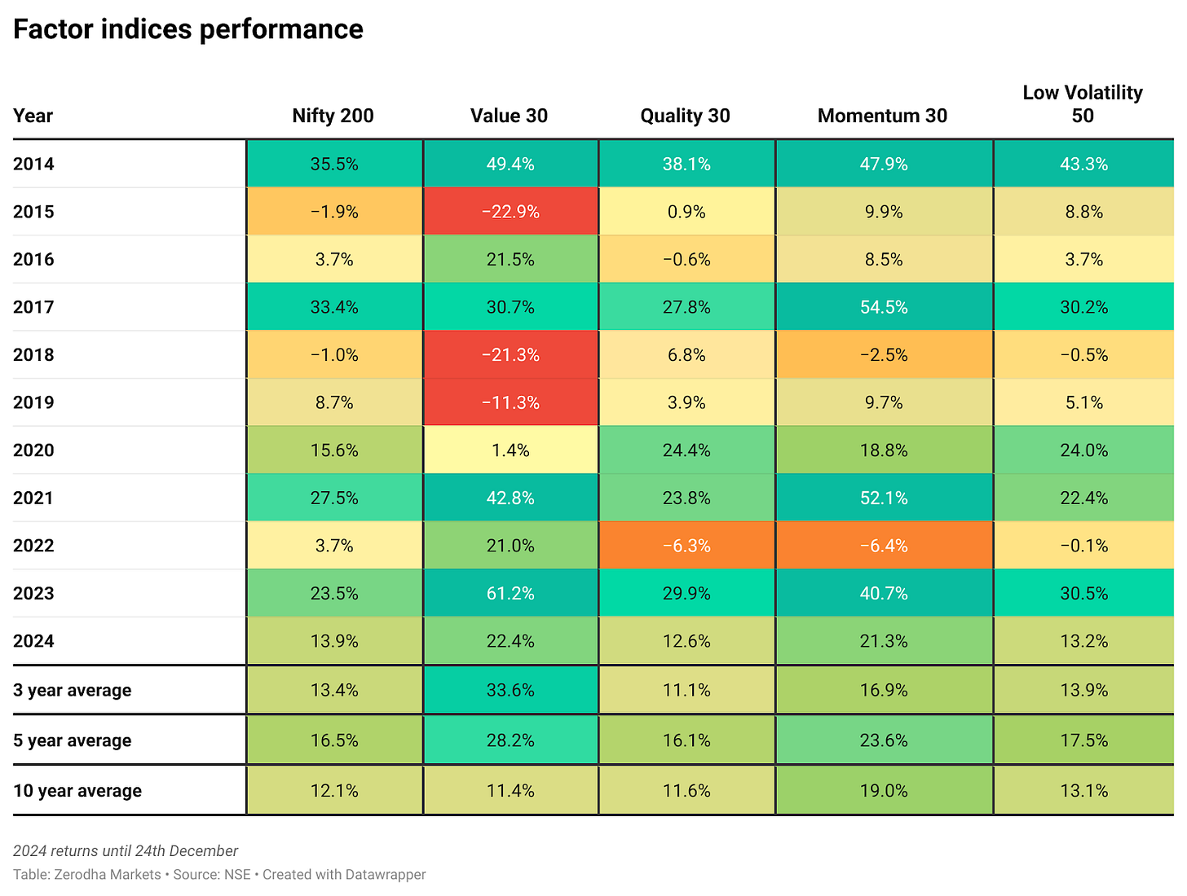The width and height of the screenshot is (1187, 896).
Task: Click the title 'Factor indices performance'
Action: point(188,29)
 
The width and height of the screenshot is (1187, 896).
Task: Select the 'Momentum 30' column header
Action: point(882,116)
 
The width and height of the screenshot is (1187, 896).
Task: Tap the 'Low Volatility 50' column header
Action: point(1083,104)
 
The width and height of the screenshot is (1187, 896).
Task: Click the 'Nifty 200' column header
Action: point(333,116)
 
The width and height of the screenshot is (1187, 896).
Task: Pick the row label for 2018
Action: point(33,355)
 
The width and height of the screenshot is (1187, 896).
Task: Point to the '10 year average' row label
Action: point(77,791)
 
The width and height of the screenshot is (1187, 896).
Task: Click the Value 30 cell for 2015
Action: point(510,212)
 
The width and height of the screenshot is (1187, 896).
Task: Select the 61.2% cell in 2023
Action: point(510,594)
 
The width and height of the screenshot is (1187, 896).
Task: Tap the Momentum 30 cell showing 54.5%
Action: point(884,308)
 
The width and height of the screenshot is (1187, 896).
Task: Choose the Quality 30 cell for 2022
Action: point(686,546)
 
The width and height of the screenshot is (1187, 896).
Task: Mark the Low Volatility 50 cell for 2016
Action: point(1083,260)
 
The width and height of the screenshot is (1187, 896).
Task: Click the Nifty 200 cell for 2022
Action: point(334,546)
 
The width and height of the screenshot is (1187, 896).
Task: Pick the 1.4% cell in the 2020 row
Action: point(510,450)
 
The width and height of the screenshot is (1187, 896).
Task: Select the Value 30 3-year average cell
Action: point(510,691)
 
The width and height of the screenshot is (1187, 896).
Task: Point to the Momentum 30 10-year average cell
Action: point(884,791)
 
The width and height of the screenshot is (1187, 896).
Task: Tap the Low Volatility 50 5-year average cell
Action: point(1083,740)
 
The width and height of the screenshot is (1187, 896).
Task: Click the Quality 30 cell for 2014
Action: point(686,165)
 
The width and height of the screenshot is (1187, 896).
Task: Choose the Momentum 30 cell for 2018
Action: point(884,355)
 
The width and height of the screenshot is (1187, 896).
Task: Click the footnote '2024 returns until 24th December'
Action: point(126,851)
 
